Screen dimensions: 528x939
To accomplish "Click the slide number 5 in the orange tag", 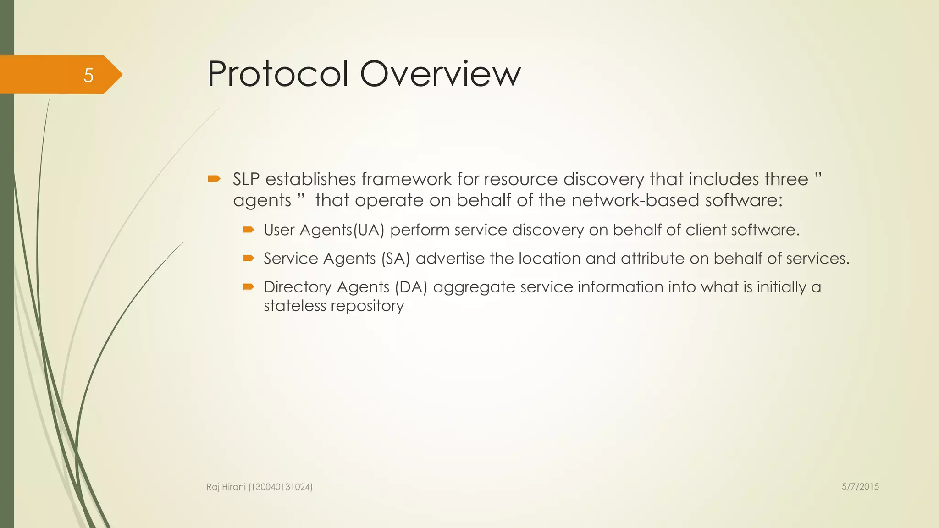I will (x=88, y=75).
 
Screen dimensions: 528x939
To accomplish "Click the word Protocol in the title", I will (x=278, y=74).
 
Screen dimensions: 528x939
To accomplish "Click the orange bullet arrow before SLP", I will (x=214, y=179).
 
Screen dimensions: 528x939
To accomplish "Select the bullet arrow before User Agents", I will (x=249, y=230).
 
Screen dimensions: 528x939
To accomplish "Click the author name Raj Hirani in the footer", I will (x=226, y=487).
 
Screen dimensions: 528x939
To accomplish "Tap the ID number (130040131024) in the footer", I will (x=280, y=487).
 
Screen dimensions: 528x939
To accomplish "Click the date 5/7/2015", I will (x=860, y=487).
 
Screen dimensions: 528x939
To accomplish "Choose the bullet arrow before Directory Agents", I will (x=249, y=287).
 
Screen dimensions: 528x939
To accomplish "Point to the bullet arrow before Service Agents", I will (x=249, y=258).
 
